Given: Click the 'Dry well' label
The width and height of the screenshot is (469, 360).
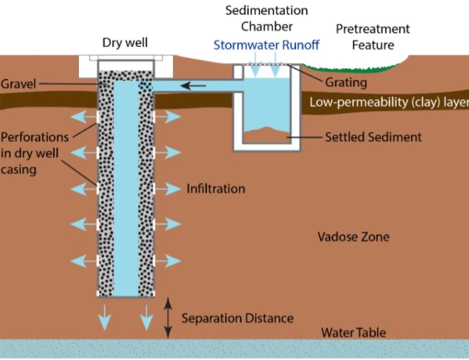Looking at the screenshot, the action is click(x=125, y=43).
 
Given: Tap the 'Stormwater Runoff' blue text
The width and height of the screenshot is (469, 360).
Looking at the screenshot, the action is click(x=266, y=45).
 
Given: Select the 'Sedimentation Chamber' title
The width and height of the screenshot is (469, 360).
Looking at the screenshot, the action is click(x=267, y=19).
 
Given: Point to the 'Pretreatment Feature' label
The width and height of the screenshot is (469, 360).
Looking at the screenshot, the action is click(x=373, y=37).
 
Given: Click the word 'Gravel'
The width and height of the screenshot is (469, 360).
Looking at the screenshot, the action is click(x=18, y=83).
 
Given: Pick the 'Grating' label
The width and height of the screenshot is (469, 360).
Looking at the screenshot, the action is click(x=346, y=83).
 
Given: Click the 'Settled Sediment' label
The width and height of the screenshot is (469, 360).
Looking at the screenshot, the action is click(x=373, y=137).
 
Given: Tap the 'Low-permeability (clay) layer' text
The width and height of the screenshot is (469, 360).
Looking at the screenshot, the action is click(x=389, y=102).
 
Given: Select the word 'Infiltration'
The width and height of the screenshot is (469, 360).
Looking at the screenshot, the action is click(x=216, y=188).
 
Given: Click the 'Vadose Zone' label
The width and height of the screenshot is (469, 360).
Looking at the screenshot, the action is click(x=353, y=237).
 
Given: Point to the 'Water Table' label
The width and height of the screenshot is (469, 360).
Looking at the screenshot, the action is click(x=353, y=333).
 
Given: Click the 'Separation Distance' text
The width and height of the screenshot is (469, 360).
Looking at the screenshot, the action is click(x=237, y=318).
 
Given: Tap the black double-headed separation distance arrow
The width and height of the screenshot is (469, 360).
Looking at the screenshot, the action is click(x=168, y=318).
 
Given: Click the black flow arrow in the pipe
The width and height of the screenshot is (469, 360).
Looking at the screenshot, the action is click(x=193, y=86).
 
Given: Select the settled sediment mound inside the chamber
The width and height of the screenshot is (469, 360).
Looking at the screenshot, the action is click(x=266, y=135).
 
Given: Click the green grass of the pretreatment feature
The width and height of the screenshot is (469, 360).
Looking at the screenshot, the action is click(x=351, y=69).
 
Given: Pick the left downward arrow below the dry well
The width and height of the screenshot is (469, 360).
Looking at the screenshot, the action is click(x=105, y=317).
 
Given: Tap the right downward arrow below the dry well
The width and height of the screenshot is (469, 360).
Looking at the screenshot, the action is click(x=146, y=317).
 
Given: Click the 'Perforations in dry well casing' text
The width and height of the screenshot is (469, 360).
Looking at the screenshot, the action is click(x=35, y=153).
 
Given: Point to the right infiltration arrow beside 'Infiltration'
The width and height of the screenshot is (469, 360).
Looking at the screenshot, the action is click(x=168, y=189).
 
